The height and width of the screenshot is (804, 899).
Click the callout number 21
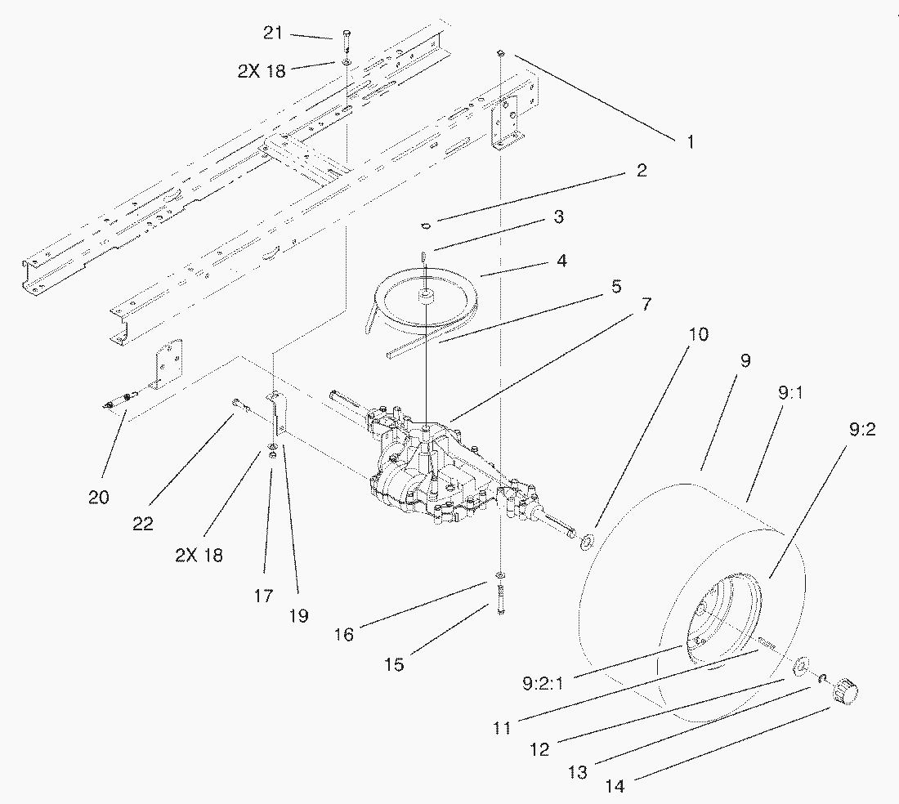coord(273,33)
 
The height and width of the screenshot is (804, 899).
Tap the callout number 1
coord(691,141)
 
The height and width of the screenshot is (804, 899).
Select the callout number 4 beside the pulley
coord(562,261)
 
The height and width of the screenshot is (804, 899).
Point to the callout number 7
coord(646,304)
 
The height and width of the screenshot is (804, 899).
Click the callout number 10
coord(698,333)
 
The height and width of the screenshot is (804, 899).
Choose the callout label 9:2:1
coord(543,684)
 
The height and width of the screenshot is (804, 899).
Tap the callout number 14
coord(615,786)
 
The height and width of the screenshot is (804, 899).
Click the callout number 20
coord(99,497)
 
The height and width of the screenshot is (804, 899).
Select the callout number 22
coord(143,523)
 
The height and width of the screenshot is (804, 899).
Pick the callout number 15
coord(395,665)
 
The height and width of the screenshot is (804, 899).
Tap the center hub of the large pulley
coord(426,296)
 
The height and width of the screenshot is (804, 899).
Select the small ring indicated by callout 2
coord(426,226)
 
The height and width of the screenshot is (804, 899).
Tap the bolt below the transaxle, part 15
coord(500,600)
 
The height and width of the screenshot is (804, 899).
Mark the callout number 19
coord(298,616)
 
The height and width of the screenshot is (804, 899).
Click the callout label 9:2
coord(861,429)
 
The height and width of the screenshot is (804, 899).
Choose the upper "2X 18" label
coord(262,71)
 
